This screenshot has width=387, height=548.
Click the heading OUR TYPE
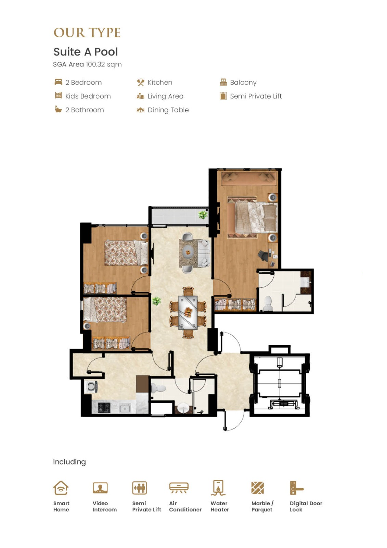pos(87,33)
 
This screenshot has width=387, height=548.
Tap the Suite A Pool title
pos(86,52)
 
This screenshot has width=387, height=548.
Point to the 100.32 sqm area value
pos(104,64)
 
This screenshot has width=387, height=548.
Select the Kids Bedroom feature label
pos(88,96)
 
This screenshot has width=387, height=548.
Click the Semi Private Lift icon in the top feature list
pos(223,96)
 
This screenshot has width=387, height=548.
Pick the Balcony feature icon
pos(223,82)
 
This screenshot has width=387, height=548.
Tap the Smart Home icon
pos(61,488)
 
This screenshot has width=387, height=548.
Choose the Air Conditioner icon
pos(179,488)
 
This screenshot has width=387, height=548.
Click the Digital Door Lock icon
pos(297,488)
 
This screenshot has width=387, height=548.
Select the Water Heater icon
pos(218,488)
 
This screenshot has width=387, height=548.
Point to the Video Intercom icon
pos(100,488)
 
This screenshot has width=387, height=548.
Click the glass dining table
pos(188,312)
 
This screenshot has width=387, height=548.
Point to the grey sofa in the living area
pos(203,253)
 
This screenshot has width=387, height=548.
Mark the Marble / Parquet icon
pos(258,488)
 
